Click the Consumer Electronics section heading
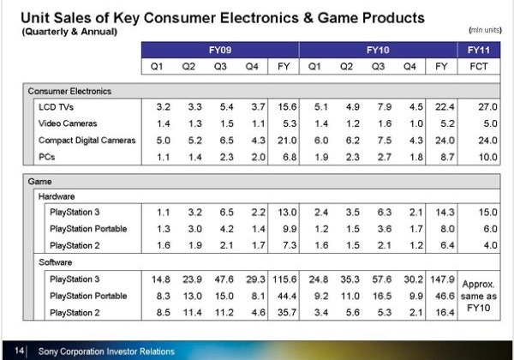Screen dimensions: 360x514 pyautogui.click(x=69, y=91)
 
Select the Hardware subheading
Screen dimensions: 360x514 pyautogui.click(x=59, y=195)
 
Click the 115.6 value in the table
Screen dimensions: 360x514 pyautogui.click(x=283, y=279)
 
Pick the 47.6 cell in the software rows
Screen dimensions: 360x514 pyautogui.click(x=220, y=279)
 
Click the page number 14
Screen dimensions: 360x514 pyautogui.click(x=20, y=351)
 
